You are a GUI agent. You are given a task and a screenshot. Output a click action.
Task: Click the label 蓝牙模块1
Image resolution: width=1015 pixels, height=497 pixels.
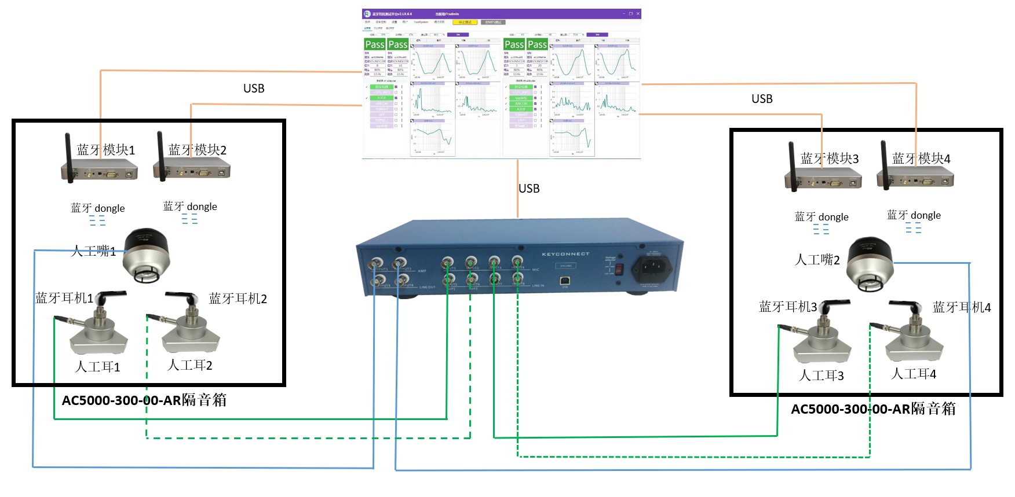click(x=106, y=150)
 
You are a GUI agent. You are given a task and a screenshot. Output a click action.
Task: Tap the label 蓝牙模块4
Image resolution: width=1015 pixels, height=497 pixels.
click(x=921, y=159)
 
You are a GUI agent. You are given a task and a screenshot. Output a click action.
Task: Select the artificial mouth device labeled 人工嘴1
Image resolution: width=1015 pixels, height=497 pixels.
click(x=147, y=255)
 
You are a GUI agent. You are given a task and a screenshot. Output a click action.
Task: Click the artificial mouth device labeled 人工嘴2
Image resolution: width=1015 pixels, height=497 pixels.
click(x=870, y=264)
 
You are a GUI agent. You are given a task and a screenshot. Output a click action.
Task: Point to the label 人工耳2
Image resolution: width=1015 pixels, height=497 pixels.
click(x=190, y=365)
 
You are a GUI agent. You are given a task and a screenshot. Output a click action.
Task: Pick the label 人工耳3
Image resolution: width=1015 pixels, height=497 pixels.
click(x=822, y=375)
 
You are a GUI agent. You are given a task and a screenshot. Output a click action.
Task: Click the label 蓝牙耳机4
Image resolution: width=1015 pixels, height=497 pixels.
click(x=962, y=307)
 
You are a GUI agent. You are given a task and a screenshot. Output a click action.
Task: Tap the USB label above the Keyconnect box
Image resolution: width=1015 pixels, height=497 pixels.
click(x=529, y=189)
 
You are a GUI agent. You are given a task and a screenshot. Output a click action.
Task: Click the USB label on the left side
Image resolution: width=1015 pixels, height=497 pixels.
click(x=254, y=89)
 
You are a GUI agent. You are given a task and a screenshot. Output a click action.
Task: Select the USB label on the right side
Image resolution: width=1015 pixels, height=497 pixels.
click(x=762, y=99)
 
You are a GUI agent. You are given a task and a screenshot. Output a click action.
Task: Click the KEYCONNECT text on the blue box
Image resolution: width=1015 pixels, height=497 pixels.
click(x=565, y=254)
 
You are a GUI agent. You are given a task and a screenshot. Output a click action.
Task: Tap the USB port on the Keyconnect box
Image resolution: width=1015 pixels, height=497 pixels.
click(x=565, y=281)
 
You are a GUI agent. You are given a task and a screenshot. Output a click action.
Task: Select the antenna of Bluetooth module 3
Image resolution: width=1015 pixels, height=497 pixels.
click(x=792, y=165)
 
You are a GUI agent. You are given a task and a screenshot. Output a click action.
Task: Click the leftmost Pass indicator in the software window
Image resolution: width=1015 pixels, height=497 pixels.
click(x=374, y=45)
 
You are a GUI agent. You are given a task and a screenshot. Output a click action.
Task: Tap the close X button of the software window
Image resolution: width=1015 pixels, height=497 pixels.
click(x=638, y=13)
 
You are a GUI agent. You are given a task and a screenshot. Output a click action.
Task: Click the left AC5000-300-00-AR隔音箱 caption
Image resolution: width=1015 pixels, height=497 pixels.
click(x=144, y=400)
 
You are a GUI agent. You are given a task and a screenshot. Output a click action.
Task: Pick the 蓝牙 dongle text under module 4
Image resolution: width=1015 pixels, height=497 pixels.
click(x=914, y=215)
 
